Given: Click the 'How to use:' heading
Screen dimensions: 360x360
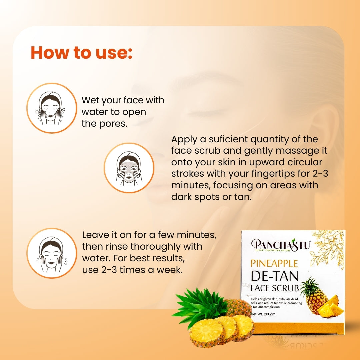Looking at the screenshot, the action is pyautogui.click(x=82, y=53).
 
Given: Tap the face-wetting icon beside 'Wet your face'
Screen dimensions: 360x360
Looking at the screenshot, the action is pyautogui.click(x=52, y=108).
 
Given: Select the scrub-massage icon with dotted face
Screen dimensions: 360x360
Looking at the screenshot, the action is pyautogui.click(x=129, y=168).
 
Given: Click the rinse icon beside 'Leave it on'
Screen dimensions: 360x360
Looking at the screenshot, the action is pyautogui.click(x=52, y=253).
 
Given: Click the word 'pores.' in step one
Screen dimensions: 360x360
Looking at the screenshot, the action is pyautogui.click(x=113, y=124).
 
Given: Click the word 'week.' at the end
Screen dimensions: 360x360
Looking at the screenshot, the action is pyautogui.click(x=170, y=270).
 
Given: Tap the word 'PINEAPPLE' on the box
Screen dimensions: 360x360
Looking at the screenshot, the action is pyautogui.click(x=274, y=264).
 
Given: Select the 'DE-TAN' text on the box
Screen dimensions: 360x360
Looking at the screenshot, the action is pyautogui.click(x=275, y=276).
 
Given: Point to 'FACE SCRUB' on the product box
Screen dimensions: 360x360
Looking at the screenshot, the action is pyautogui.click(x=275, y=288).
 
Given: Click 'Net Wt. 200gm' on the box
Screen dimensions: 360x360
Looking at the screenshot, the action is pyautogui.click(x=263, y=314).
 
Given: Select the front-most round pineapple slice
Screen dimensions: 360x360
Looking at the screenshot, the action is pyautogui.click(x=207, y=332).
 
